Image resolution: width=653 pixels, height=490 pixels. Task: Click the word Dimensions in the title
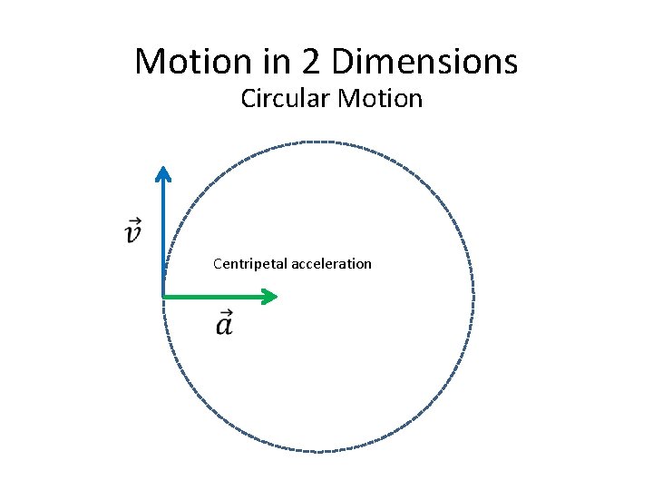[425, 62]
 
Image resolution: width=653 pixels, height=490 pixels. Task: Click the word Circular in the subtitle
[285, 98]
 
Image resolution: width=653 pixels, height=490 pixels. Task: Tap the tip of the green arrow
[276, 296]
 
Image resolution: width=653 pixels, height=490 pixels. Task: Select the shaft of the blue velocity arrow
[162, 236]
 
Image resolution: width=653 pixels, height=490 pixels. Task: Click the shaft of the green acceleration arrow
[218, 296]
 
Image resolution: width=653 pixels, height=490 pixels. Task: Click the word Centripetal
[250, 264]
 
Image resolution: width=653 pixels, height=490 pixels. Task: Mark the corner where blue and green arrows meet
[163, 296]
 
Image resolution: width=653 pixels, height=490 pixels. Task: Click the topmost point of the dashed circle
[317, 142]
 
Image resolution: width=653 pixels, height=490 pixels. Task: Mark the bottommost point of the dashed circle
[317, 451]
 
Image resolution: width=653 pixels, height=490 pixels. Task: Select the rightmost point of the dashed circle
[473, 296]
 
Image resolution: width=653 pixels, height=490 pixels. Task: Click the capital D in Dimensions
[344, 62]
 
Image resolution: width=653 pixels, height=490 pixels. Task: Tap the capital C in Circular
[248, 98]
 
